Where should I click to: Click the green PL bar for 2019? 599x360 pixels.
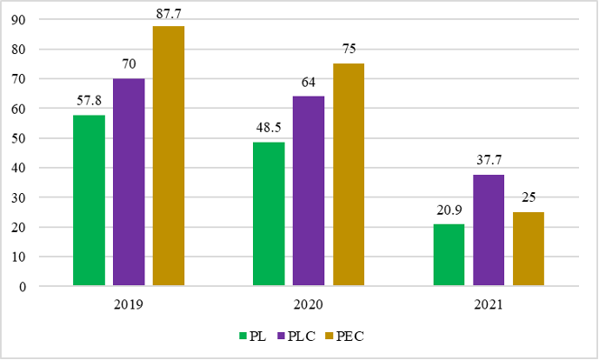pyautogui.click(x=89, y=200)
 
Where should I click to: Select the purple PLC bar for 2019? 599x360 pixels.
pyautogui.click(x=129, y=182)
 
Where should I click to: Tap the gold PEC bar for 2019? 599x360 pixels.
pyautogui.click(x=169, y=156)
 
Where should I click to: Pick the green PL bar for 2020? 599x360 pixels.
pyautogui.click(x=269, y=214)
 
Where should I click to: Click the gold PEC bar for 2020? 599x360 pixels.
pyautogui.click(x=349, y=175)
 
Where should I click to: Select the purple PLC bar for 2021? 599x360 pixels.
pyautogui.click(x=489, y=230)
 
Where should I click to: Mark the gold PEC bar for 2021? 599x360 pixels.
pyautogui.click(x=529, y=249)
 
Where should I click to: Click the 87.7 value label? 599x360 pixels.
pyautogui.click(x=169, y=13)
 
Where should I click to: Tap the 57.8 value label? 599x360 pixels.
pyautogui.click(x=89, y=102)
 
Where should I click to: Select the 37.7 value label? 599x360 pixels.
pyautogui.click(x=489, y=161)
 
